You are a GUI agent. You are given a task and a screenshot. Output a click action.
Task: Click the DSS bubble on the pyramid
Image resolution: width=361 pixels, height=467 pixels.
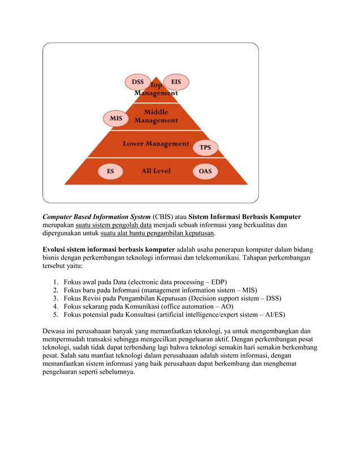[x=138, y=82]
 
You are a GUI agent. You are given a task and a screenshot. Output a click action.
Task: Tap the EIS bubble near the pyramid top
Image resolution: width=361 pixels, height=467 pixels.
[x=176, y=82]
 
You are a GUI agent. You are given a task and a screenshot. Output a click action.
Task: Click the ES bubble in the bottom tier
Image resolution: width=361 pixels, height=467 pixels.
[x=111, y=171]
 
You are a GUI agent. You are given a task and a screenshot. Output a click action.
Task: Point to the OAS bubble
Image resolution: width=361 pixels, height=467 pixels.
[x=205, y=171]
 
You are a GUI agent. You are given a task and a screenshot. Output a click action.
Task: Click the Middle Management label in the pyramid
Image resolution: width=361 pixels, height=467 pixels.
[x=156, y=116]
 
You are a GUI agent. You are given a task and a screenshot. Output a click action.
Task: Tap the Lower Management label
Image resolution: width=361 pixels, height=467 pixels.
[x=156, y=144]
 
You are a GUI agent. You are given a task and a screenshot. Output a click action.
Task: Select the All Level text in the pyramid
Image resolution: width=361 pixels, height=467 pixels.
[x=156, y=170]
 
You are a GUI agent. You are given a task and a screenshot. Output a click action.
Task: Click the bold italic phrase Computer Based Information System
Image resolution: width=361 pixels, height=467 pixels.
[x=96, y=217]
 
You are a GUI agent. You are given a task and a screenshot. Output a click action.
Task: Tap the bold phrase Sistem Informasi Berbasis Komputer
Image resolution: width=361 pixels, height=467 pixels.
[x=245, y=217]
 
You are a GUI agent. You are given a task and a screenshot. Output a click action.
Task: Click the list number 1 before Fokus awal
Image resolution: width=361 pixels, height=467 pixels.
[x=55, y=281]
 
